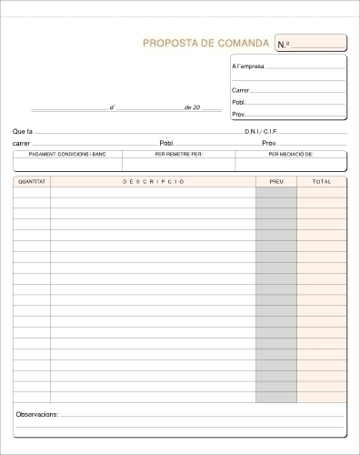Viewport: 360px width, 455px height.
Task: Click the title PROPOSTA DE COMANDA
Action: click(205, 44)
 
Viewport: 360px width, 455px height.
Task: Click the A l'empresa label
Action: click(248, 67)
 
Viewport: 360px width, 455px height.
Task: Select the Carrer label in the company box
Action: click(240, 90)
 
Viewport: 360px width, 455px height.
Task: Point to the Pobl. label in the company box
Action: click(238, 102)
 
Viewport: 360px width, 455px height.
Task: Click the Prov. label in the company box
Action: click(238, 115)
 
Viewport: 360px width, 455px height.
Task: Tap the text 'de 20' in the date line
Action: click(191, 107)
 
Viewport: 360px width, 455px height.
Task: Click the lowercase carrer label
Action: click(22, 144)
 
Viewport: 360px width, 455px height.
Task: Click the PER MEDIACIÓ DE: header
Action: click(291, 155)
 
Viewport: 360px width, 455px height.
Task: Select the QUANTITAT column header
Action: click(31, 182)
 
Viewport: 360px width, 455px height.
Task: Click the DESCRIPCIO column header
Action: click(153, 182)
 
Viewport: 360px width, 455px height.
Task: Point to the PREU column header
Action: click(275, 182)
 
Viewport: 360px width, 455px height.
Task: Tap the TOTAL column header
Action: click(322, 182)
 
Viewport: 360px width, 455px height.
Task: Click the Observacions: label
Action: click(37, 414)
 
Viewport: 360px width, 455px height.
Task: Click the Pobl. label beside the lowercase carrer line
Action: click(166, 144)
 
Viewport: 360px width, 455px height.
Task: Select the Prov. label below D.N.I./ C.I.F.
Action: click(269, 144)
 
